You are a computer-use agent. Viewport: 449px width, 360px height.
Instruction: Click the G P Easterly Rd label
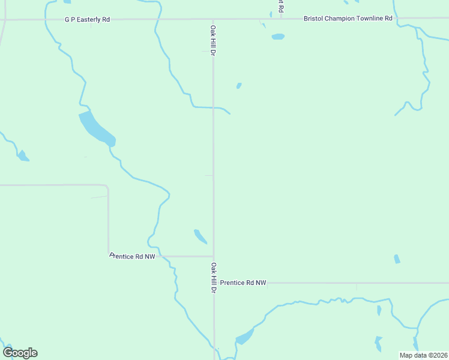pyautogui.click(x=88, y=19)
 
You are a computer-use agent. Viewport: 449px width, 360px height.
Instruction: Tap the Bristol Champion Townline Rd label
pyautogui.click(x=348, y=19)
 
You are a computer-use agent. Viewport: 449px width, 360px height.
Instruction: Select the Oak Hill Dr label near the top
pyautogui.click(x=213, y=40)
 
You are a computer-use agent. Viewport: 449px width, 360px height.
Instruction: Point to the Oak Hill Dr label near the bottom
pyautogui.click(x=213, y=277)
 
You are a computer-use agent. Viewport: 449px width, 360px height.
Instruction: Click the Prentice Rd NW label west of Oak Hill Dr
pyautogui.click(x=133, y=256)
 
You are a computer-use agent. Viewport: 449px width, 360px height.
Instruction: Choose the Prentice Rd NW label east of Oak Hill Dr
pyautogui.click(x=243, y=282)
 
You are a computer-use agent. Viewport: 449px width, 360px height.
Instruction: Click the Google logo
pyautogui.click(x=20, y=353)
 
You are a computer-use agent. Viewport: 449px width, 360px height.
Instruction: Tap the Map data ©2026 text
pyautogui.click(x=423, y=355)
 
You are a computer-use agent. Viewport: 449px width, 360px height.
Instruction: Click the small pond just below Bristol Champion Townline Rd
pyautogui.click(x=277, y=37)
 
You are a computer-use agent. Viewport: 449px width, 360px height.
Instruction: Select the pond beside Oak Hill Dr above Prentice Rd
pyautogui.click(x=200, y=236)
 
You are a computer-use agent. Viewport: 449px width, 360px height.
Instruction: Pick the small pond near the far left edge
pyautogui.click(x=23, y=156)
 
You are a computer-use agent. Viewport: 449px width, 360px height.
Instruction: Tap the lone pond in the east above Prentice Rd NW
pyautogui.click(x=397, y=259)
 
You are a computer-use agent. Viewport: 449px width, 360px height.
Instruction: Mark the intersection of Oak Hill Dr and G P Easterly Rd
pyautogui.click(x=213, y=19)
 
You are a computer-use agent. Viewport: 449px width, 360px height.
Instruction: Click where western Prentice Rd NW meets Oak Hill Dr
pyautogui.click(x=213, y=256)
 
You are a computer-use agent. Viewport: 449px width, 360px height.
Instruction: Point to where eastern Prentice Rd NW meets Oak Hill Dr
pyautogui.click(x=214, y=282)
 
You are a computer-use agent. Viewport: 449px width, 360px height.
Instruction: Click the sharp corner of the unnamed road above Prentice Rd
pyautogui.click(x=107, y=187)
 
